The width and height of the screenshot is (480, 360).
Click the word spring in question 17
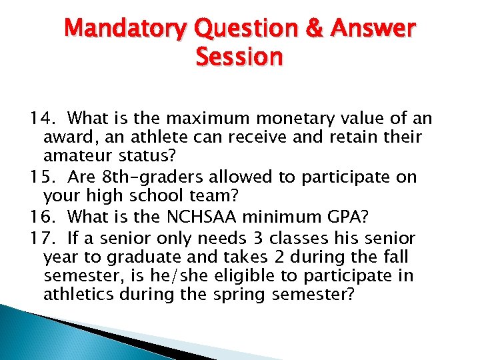[243, 295]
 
